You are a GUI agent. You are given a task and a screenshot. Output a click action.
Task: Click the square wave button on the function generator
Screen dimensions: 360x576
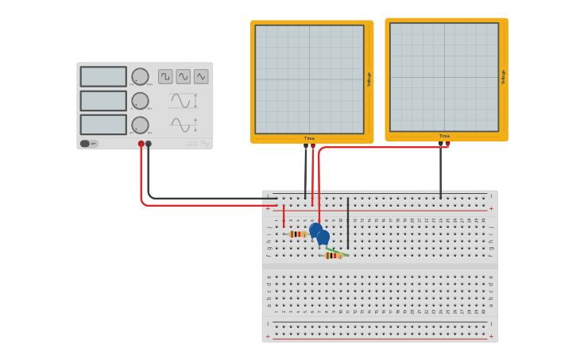[x=165, y=76]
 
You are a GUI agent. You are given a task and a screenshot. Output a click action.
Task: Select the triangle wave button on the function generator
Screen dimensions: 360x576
[x=201, y=76]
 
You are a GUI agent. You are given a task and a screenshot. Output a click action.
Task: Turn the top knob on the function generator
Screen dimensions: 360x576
[x=140, y=76]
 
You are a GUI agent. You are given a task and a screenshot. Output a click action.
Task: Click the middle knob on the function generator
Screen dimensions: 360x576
[x=140, y=101]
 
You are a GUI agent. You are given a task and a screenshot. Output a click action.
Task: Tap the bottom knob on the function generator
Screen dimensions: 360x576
[x=140, y=125]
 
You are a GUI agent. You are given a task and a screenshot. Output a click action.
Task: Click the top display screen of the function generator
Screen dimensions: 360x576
[x=103, y=76]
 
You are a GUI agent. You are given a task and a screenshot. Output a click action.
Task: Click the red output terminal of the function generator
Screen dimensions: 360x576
[x=141, y=144]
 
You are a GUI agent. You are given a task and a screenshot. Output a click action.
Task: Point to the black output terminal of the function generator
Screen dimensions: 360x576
[x=149, y=144]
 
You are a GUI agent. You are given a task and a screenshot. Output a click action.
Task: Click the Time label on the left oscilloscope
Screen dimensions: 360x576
[x=309, y=138]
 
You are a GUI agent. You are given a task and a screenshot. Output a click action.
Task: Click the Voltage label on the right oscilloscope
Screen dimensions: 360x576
[x=503, y=77]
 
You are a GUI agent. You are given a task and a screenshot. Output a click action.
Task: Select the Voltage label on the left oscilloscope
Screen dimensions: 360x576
[x=369, y=79]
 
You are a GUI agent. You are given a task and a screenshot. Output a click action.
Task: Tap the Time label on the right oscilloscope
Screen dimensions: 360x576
[x=444, y=136]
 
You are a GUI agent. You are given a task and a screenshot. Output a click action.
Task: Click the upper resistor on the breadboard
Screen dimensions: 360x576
[x=298, y=234]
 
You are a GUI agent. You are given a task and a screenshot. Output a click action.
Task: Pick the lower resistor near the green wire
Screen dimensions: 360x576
[x=333, y=256]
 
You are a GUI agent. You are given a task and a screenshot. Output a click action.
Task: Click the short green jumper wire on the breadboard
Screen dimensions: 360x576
[x=338, y=252]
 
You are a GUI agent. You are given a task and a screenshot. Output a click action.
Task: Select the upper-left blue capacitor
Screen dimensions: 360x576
[x=315, y=230]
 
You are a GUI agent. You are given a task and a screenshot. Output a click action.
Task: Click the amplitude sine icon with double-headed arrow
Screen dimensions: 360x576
[x=183, y=101]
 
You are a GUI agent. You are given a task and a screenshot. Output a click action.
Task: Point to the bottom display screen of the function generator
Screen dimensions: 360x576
[x=103, y=125]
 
